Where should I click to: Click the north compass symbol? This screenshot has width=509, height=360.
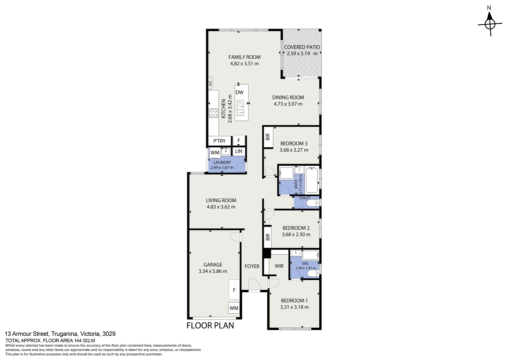point(489,24)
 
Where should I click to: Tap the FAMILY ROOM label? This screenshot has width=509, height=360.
point(244,57)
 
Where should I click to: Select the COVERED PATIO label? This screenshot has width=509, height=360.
point(302,47)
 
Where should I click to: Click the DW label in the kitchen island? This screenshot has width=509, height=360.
point(239,93)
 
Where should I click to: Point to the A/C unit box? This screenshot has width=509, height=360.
point(210,83)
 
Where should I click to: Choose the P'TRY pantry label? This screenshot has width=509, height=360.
point(220,141)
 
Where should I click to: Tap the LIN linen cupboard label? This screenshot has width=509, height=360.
point(239,151)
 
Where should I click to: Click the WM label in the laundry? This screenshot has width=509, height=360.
point(215,153)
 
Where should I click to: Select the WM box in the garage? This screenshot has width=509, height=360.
point(234,308)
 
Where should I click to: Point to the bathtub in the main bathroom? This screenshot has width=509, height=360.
point(312,180)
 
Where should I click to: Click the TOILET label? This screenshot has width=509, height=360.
point(304,198)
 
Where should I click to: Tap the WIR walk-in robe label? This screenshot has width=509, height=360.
point(279,266)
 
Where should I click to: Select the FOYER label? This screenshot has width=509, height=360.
point(252,266)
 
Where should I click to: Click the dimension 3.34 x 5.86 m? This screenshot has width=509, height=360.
point(213,271)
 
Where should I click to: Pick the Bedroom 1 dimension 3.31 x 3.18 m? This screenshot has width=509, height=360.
point(294,307)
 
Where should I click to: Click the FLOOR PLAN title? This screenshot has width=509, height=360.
point(210,325)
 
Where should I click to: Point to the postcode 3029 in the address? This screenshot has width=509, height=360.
point(109,334)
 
